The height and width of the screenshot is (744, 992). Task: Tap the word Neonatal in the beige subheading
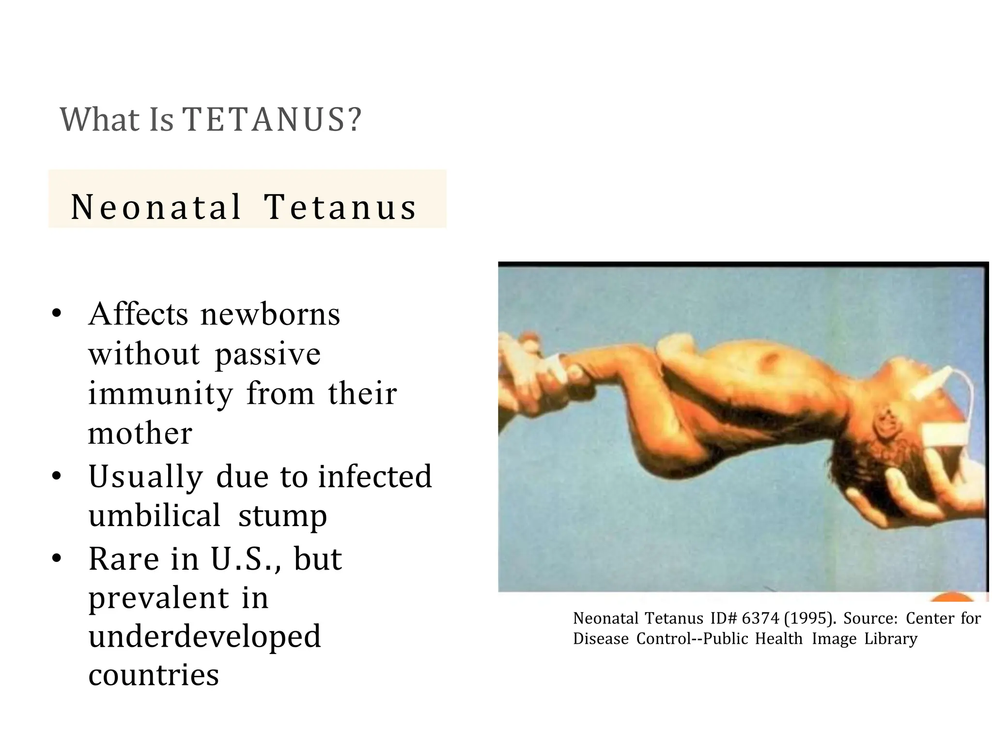click(x=156, y=207)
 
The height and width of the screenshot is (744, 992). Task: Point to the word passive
click(x=268, y=355)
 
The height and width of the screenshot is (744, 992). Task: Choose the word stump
click(x=282, y=516)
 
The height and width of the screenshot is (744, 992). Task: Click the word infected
click(x=374, y=476)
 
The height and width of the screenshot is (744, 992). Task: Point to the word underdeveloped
click(x=204, y=636)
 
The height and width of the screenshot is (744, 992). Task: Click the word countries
click(x=154, y=675)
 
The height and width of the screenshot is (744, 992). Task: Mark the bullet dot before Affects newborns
click(x=57, y=314)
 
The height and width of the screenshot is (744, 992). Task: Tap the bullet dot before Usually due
click(x=57, y=476)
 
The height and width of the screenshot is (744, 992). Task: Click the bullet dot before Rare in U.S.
click(x=57, y=558)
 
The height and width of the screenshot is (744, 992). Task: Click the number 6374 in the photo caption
click(x=760, y=619)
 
